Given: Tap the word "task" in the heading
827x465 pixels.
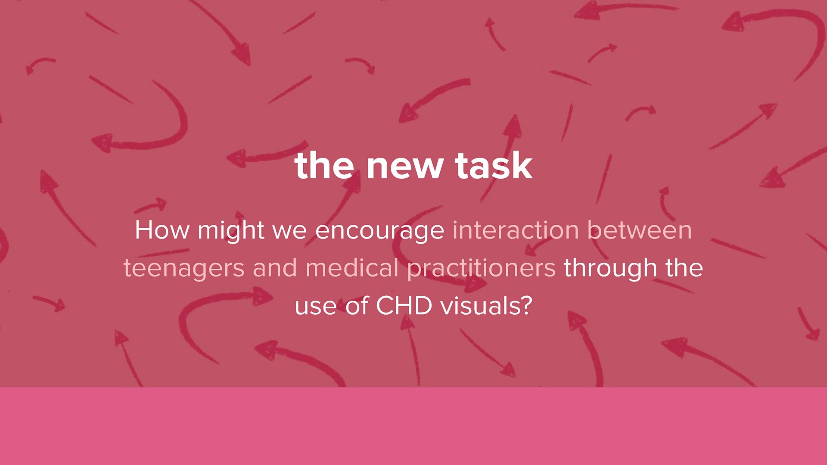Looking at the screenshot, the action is pos(494,165).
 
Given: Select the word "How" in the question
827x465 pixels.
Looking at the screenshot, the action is pos(162,230).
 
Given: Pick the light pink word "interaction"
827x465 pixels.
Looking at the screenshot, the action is pos(516,230).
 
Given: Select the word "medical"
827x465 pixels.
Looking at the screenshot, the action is pos(352,267).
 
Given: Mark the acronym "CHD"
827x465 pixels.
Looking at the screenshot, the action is pos(404,306).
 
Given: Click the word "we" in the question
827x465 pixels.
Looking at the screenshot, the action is pos(289,231).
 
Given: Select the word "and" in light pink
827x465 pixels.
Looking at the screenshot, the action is pos(275,267).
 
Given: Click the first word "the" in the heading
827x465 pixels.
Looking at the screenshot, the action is pos(325,165).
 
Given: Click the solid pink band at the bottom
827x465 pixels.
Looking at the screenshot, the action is pos(413,426).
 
